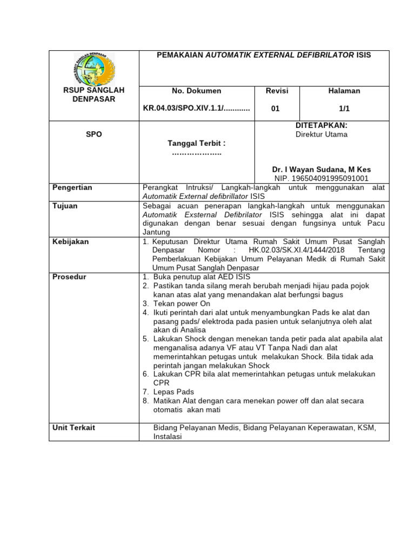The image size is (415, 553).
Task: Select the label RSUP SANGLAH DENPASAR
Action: (93, 95)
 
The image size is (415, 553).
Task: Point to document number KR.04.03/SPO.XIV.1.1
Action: (196, 108)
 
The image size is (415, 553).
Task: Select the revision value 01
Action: (275, 108)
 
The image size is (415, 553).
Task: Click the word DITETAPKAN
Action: (321, 125)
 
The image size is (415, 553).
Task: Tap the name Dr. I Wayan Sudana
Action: (321, 169)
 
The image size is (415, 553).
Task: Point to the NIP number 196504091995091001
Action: (321, 178)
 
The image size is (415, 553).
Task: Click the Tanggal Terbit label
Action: (196, 143)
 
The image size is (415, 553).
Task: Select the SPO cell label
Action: (93, 134)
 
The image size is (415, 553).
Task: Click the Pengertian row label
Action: (72, 187)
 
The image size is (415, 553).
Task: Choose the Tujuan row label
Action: (64, 206)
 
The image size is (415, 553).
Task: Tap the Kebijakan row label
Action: (70, 241)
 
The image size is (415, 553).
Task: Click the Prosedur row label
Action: (69, 277)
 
